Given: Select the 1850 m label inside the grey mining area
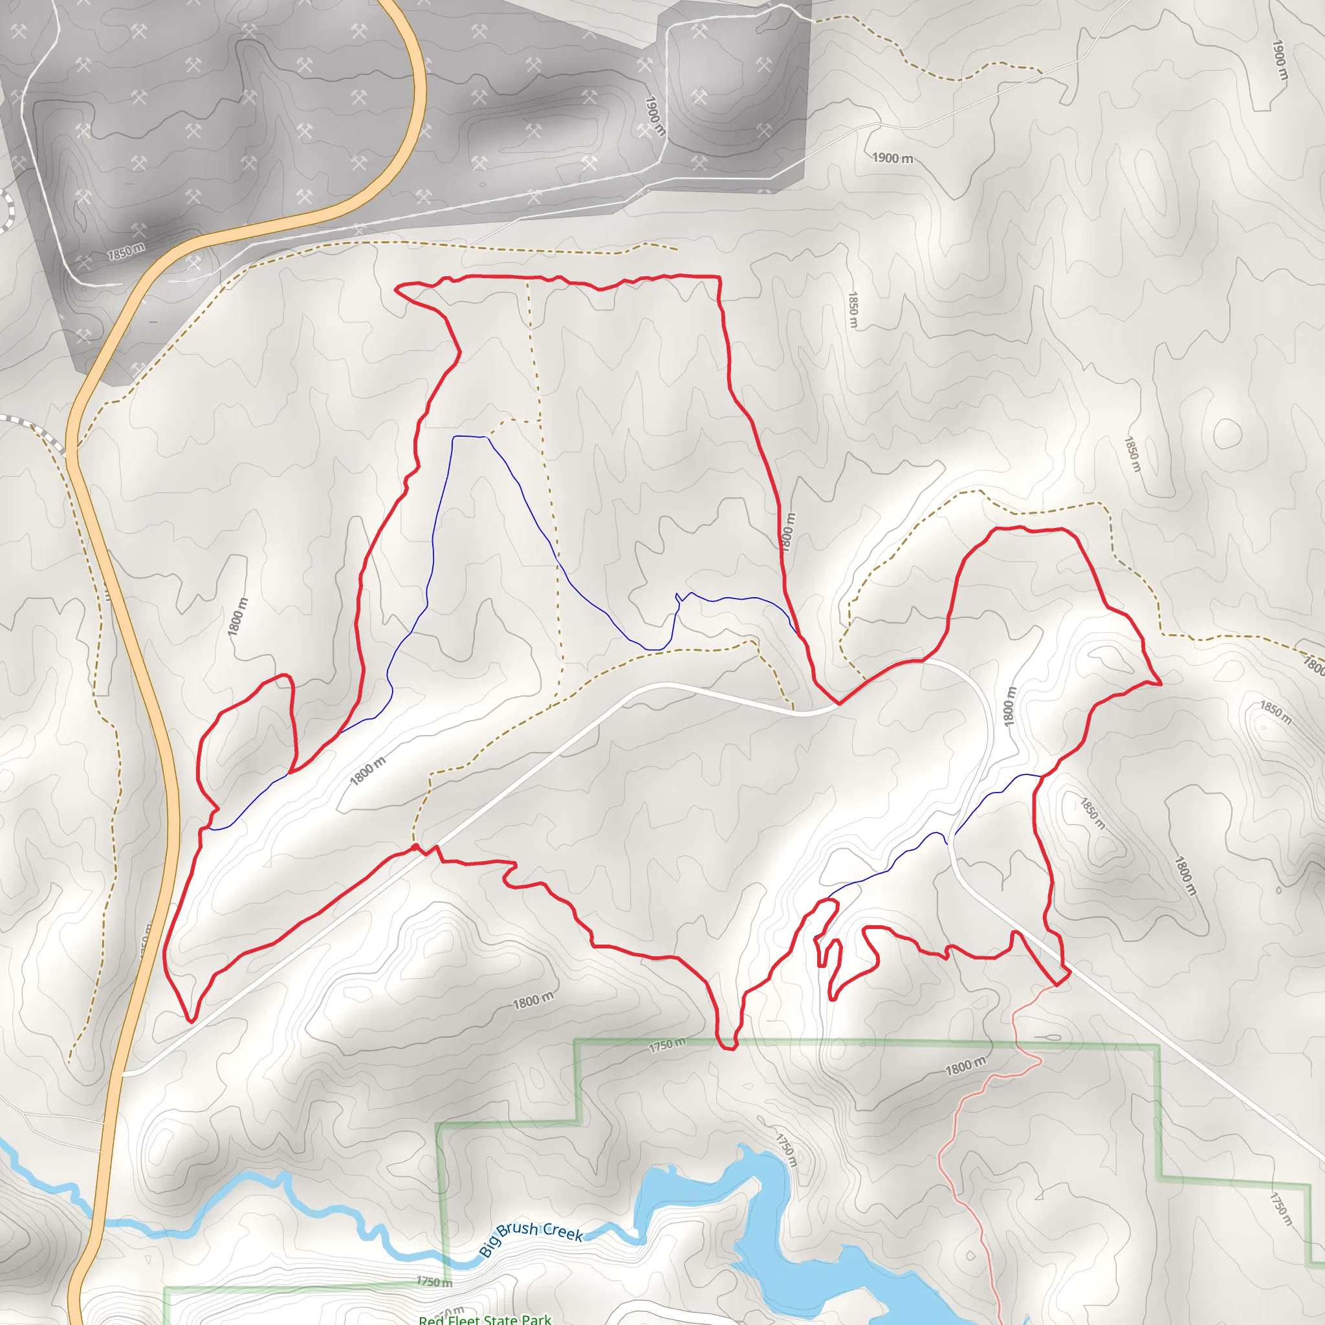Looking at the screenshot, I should point(126,252).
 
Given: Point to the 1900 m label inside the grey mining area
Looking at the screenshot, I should point(655,115).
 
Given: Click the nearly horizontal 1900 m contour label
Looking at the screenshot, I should point(892,158).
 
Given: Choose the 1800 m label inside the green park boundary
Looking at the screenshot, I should point(966,1066).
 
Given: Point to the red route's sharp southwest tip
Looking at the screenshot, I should point(191,1021).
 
